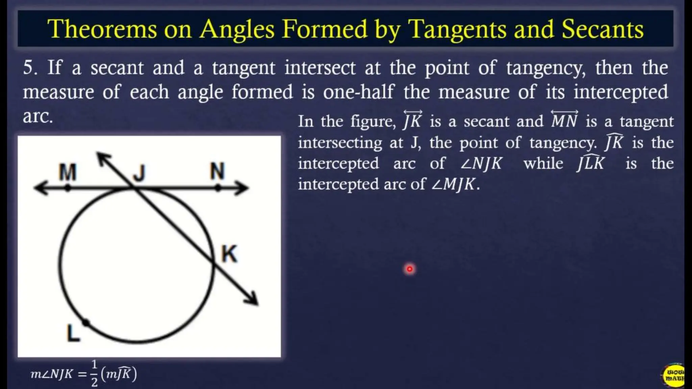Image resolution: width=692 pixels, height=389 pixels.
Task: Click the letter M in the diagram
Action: (x=68, y=172)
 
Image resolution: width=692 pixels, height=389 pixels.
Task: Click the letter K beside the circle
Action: (x=229, y=254)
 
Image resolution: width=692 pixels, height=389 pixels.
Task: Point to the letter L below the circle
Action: (x=73, y=333)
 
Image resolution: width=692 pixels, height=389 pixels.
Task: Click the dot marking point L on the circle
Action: (x=86, y=323)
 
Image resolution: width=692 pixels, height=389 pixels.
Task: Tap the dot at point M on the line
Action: (x=68, y=188)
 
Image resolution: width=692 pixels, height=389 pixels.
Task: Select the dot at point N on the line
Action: (x=218, y=188)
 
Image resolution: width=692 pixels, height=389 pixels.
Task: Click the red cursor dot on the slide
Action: (x=410, y=269)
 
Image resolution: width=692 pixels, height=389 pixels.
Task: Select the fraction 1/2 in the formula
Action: (x=94, y=373)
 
